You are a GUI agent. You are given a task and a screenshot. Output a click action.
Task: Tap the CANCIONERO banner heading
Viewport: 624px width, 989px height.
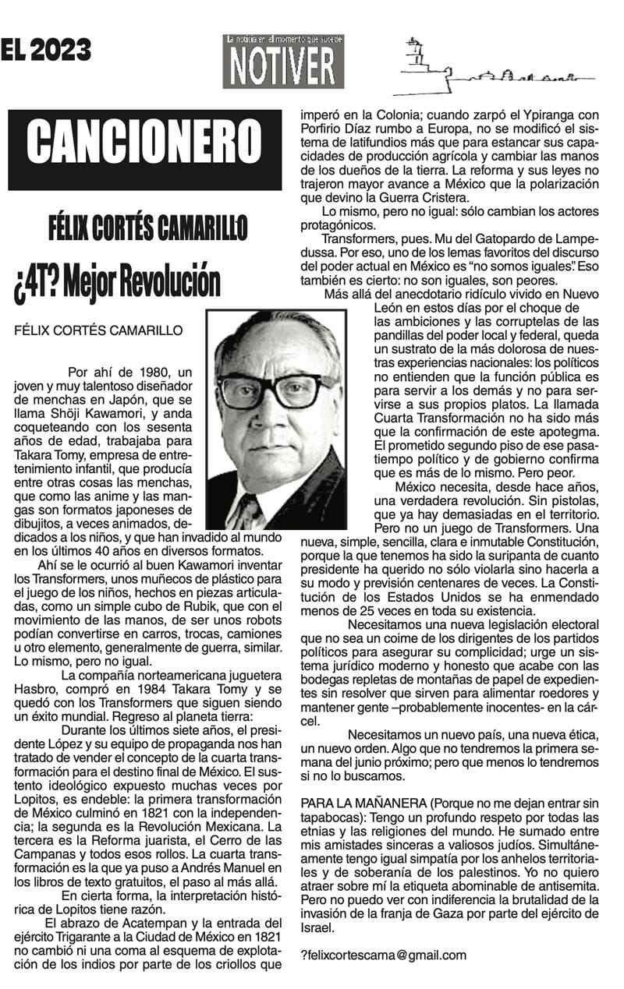144,150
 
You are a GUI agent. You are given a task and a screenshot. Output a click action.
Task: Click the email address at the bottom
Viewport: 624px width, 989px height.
384,955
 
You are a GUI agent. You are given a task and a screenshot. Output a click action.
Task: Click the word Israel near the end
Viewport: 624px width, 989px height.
316,927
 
